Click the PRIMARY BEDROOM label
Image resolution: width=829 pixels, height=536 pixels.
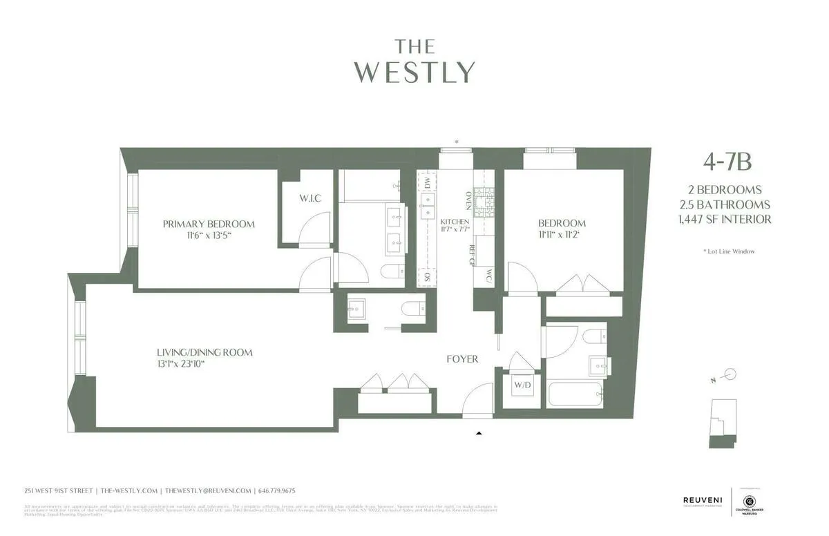point(209,224)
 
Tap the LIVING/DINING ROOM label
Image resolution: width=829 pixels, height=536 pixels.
point(204,352)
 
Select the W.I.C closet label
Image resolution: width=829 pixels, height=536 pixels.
point(310,199)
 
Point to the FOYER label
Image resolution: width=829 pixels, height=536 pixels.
point(462,358)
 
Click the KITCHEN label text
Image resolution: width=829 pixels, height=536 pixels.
point(455,222)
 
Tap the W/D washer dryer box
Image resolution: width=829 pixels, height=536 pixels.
point(522,384)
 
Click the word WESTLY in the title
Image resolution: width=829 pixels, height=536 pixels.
point(415,72)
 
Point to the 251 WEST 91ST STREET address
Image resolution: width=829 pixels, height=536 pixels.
point(57,490)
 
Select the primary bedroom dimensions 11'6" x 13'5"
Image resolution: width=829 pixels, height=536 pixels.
point(209,236)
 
